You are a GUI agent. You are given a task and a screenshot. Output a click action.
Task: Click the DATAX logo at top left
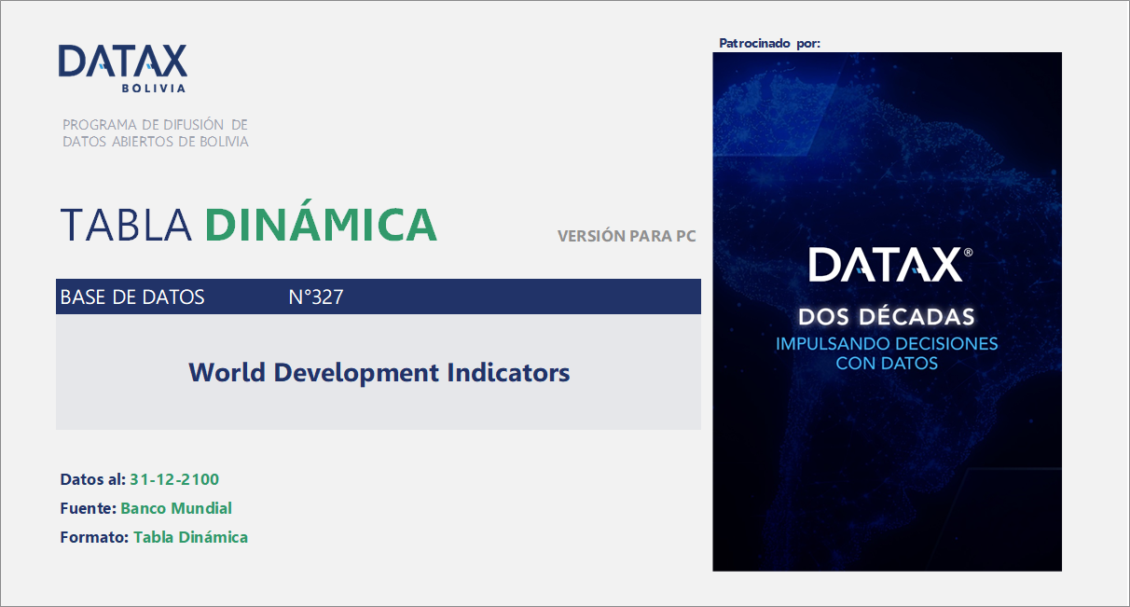pos(122,62)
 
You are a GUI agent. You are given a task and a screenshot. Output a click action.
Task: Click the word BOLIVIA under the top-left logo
pos(154,89)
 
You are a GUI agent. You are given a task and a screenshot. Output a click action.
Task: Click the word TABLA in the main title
pos(126,225)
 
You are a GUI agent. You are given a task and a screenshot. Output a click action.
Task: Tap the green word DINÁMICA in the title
pos(321,225)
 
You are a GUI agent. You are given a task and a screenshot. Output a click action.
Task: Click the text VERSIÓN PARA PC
pos(627,236)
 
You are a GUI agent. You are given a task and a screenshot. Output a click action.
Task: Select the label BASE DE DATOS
pos(132,297)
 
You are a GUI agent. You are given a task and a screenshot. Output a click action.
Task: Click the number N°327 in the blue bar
pos(316,297)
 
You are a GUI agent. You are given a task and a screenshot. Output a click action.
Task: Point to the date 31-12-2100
pos(174,480)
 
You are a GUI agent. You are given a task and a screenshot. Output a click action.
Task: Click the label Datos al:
pos(92,480)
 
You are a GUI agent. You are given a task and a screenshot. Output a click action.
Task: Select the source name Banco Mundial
pos(176,508)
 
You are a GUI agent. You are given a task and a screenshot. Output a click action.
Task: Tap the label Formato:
pos(94,537)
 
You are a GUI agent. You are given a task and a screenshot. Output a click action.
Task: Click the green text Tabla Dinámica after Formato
pos(190,537)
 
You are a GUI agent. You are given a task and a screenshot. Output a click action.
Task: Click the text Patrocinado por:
pos(769,44)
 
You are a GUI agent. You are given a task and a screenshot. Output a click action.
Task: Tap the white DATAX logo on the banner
pos(887,265)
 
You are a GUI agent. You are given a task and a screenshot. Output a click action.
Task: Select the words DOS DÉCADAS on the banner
pos(887,316)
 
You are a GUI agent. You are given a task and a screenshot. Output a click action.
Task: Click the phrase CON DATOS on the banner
pos(887,364)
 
